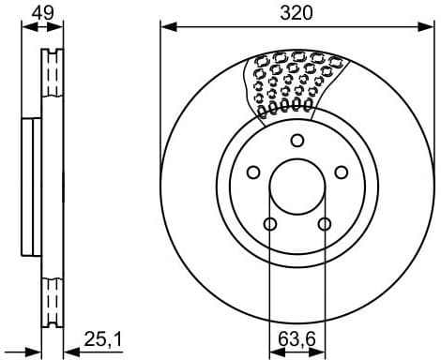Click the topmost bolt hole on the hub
pos(297,141)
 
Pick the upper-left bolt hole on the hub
pos(252,172)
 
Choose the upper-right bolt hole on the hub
pos(342,172)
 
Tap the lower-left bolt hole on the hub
pos(270,224)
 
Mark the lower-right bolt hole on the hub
pos(325,224)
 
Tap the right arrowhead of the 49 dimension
pos(63,27)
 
